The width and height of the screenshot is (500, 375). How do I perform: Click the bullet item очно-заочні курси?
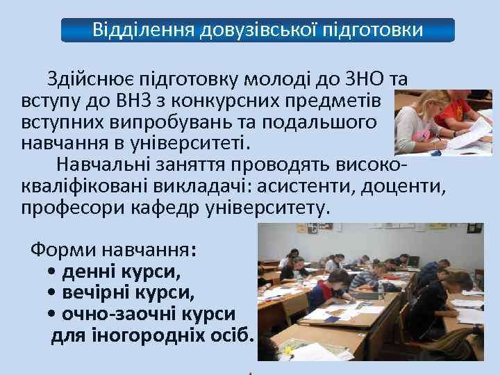[148, 314]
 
